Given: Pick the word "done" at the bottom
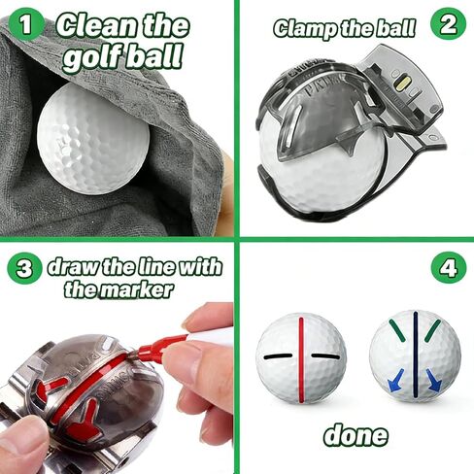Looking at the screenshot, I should pyautogui.click(x=355, y=434).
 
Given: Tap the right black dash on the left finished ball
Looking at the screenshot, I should pyautogui.click(x=326, y=356).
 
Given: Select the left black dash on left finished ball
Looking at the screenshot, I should pyautogui.click(x=276, y=356).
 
